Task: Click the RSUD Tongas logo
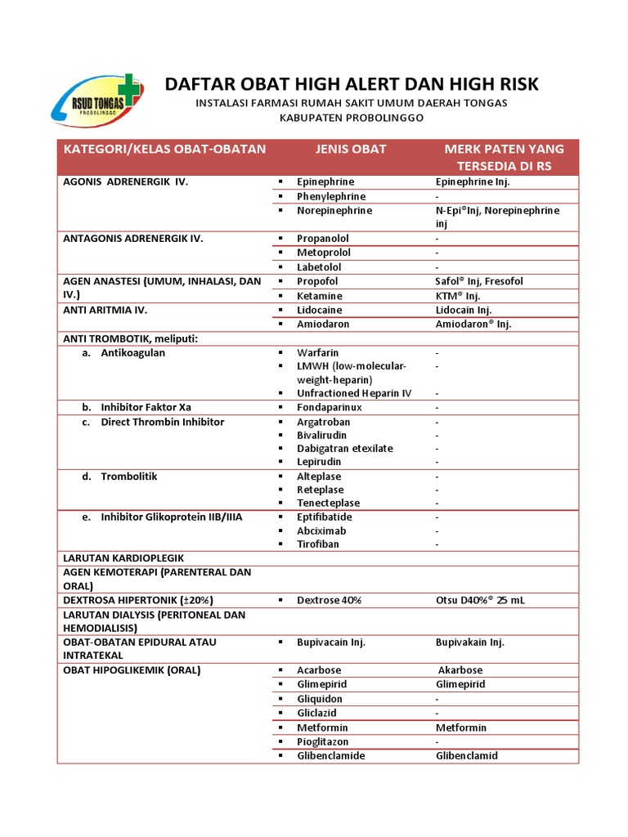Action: (x=96, y=101)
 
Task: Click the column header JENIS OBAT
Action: (x=351, y=149)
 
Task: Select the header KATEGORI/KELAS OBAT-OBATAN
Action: (x=164, y=149)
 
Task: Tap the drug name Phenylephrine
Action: (x=331, y=196)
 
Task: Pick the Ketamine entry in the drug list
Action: (x=320, y=295)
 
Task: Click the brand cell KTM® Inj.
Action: (x=458, y=295)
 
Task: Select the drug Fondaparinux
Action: (x=329, y=406)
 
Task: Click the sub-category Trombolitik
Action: (x=129, y=476)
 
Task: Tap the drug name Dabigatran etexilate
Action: (x=345, y=448)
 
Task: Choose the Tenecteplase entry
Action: (x=329, y=503)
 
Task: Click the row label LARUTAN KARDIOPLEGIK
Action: (x=123, y=557)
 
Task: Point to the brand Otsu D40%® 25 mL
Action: (x=480, y=600)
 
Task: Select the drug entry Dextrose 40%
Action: (x=330, y=600)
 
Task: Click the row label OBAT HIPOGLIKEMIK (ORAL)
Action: (x=132, y=670)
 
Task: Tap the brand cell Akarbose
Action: (x=460, y=670)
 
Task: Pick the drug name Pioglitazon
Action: (x=323, y=741)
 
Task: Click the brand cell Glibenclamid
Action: (x=466, y=755)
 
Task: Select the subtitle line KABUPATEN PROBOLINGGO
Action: (x=352, y=118)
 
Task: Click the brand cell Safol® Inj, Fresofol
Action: (x=479, y=281)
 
